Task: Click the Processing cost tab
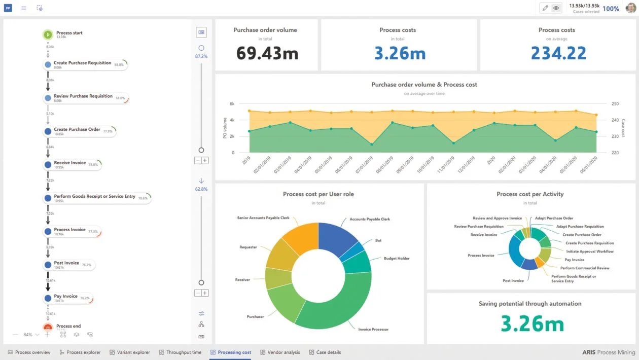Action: (230, 352)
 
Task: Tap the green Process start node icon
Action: (47, 35)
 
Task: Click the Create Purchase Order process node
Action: (77, 130)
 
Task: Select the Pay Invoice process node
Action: (66, 297)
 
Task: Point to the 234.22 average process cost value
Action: (558, 53)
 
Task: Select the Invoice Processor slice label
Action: (373, 330)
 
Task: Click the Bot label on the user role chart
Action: (378, 240)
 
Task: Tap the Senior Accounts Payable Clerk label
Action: (264, 218)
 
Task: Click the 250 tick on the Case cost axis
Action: (615, 104)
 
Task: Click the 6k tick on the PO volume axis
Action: (231, 104)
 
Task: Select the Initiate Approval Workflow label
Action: (590, 251)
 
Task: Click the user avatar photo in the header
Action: (630, 8)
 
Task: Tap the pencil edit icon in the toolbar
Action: (545, 8)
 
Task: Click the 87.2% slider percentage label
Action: (201, 56)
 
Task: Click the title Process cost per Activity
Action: (530, 194)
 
